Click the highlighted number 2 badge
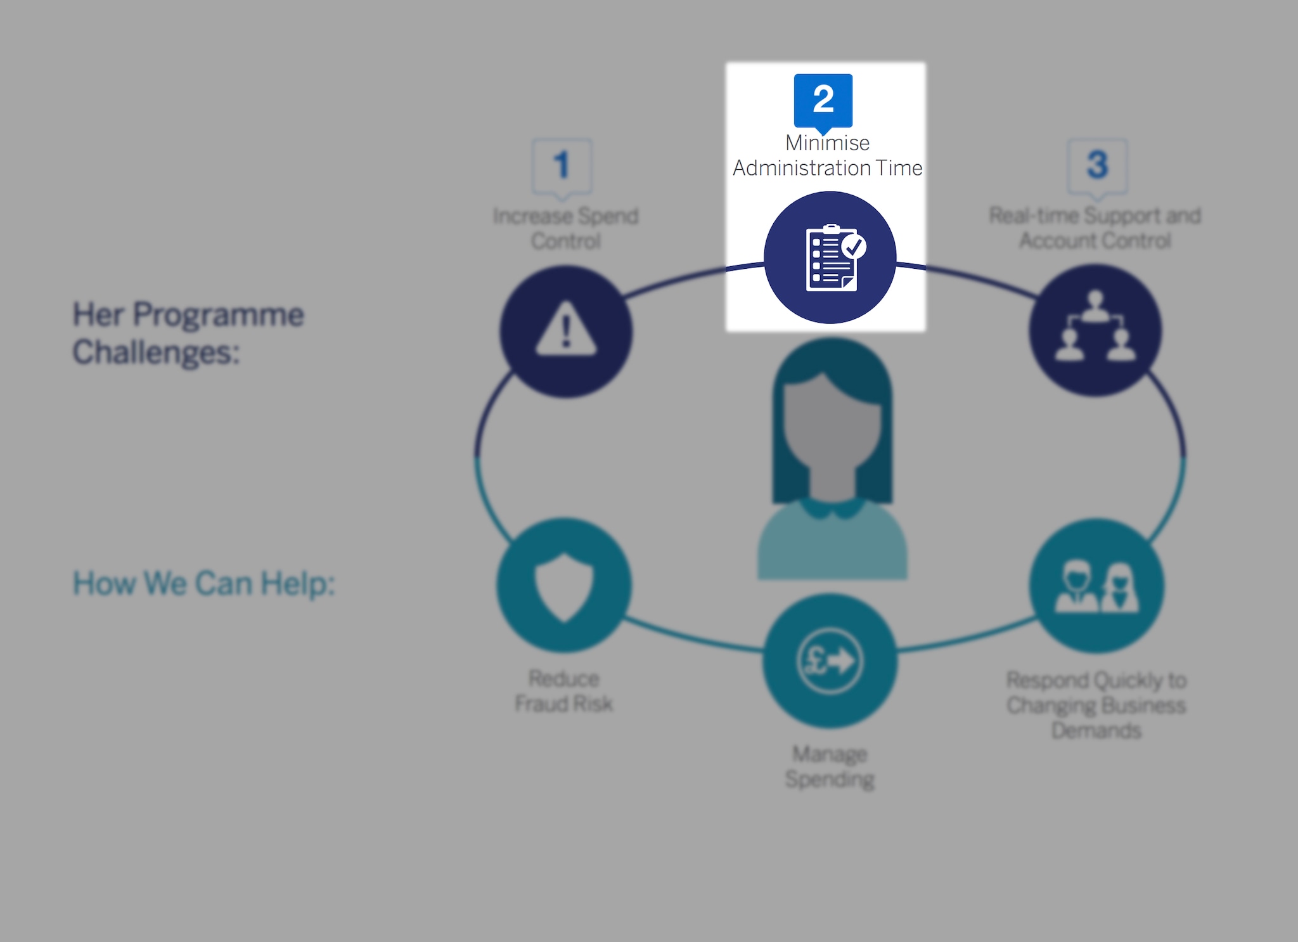point(823,100)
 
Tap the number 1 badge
point(562,165)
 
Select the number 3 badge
point(1097,165)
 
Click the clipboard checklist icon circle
point(830,258)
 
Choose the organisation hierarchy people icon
point(1095,329)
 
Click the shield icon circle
point(563,585)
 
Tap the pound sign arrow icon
point(830,661)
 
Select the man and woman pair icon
point(1096,586)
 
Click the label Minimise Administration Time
point(827,156)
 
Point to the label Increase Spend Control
point(565,228)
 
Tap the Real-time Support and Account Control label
point(1095,228)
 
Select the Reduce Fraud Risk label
point(563,691)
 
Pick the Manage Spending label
point(830,766)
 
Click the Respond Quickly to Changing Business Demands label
point(1096,705)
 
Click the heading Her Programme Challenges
point(188,333)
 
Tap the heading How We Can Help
point(203,583)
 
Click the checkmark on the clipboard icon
point(854,246)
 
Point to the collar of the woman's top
point(832,508)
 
